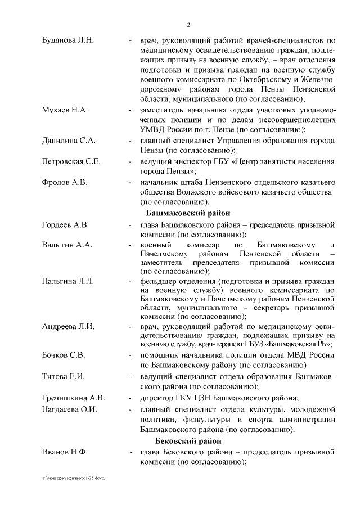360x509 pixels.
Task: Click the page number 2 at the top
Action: [x=188, y=25]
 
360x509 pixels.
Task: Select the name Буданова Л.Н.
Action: [x=68, y=40]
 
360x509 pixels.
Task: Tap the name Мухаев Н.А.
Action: [x=65, y=110]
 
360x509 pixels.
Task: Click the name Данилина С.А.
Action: [x=69, y=140]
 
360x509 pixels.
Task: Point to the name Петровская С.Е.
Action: [x=71, y=161]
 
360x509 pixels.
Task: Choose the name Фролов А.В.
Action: [x=65, y=183]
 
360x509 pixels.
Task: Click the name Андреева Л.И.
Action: [x=68, y=326]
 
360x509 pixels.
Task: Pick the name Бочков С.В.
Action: [x=64, y=355]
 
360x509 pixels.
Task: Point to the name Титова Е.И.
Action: [x=63, y=377]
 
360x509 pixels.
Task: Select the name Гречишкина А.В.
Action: [x=74, y=398]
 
